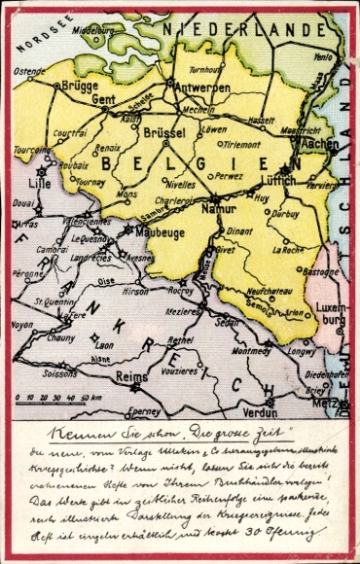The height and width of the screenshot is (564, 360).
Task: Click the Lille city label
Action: pos(38,184)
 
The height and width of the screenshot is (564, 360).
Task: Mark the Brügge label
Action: pos(77,87)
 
